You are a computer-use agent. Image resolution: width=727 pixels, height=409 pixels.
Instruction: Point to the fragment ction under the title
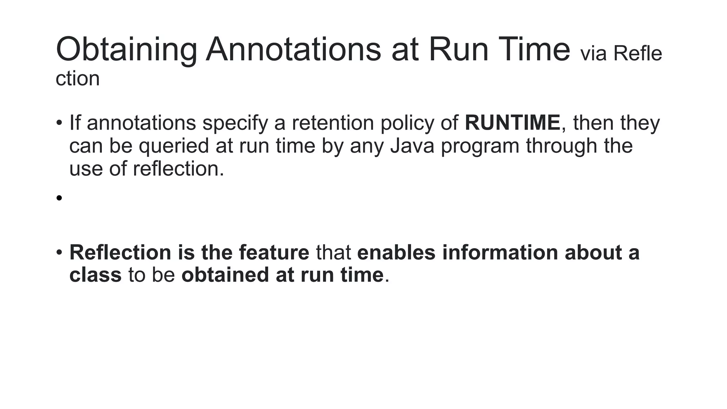[x=77, y=78]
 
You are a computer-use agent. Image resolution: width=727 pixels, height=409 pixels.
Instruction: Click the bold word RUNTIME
[x=512, y=123]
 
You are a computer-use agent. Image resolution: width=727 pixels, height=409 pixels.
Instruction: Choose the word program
[x=480, y=146]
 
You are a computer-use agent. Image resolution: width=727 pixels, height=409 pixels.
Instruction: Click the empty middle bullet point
[x=59, y=198]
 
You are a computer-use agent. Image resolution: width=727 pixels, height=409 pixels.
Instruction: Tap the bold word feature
[x=274, y=252]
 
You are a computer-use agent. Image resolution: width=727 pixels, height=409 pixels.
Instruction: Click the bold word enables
[x=396, y=252]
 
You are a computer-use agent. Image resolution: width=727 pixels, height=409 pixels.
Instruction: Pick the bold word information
[x=499, y=252]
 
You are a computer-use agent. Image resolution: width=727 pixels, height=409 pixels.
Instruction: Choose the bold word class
[x=95, y=275]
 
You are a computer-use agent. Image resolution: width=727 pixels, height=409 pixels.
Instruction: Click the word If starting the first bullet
[x=75, y=123]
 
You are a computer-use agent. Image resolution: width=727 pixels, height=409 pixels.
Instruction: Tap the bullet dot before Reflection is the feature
[x=59, y=252]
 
